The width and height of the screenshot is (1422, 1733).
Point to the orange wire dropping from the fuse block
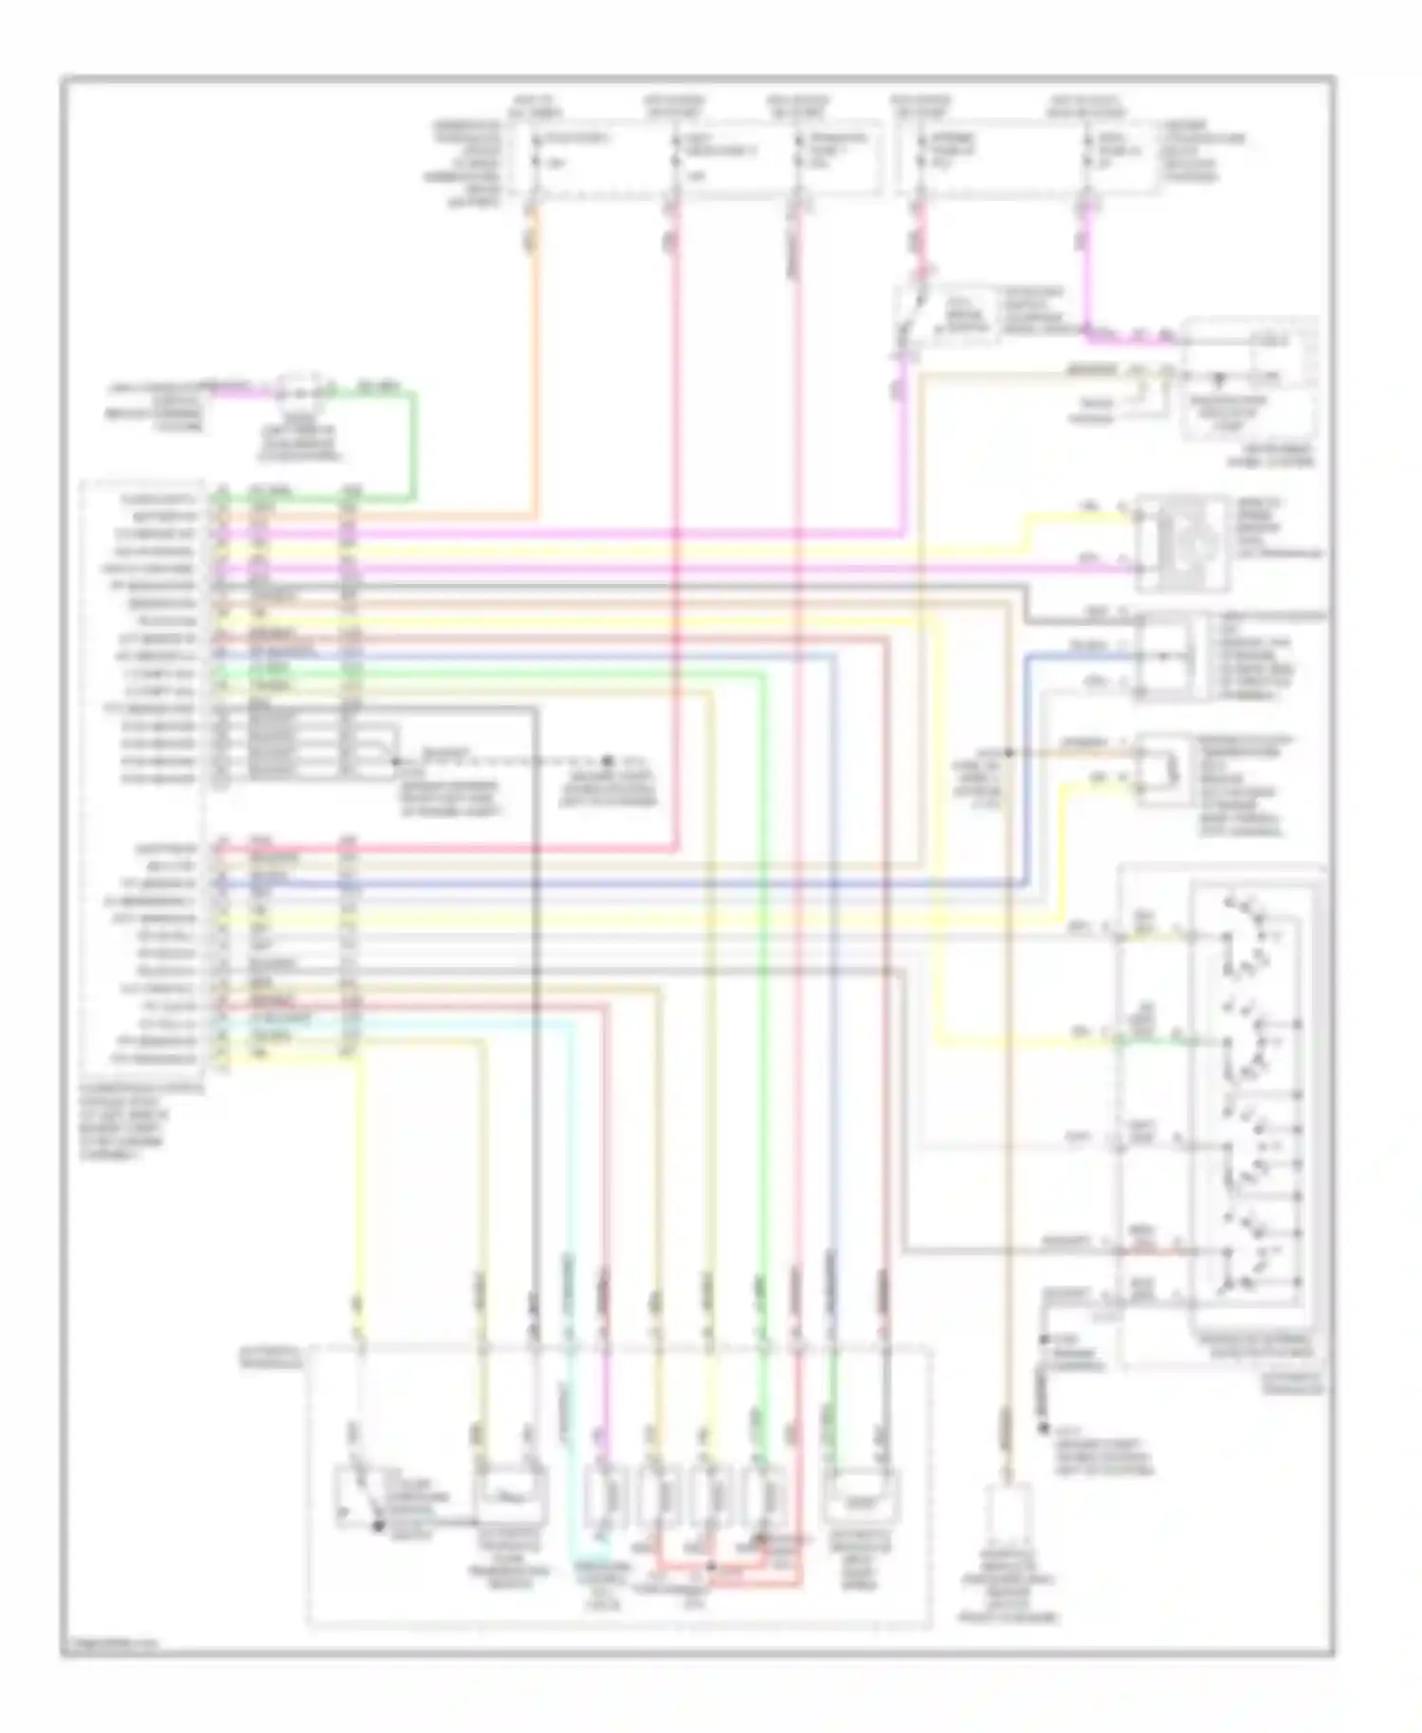click(537, 360)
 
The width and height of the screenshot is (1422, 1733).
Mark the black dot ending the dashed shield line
click(607, 760)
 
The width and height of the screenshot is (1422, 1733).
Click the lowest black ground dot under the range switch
click(1044, 1428)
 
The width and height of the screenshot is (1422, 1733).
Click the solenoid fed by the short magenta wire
click(603, 1498)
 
